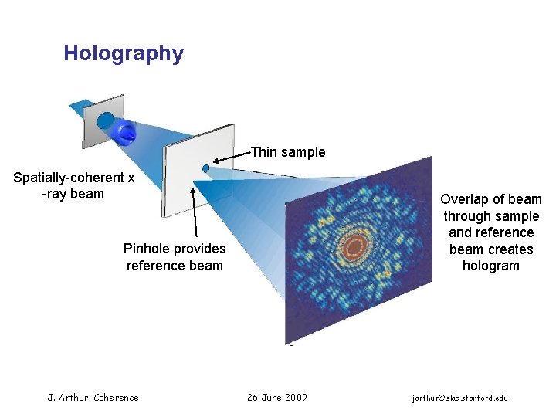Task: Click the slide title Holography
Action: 124,53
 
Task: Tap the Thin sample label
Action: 288,152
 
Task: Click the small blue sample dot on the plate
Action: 205,168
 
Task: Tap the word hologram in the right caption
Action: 491,266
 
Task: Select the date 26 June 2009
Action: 276,398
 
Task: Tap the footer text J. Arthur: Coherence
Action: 93,398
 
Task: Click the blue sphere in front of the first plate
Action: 124,132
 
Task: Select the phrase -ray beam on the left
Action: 73,194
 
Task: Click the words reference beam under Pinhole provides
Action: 175,266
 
